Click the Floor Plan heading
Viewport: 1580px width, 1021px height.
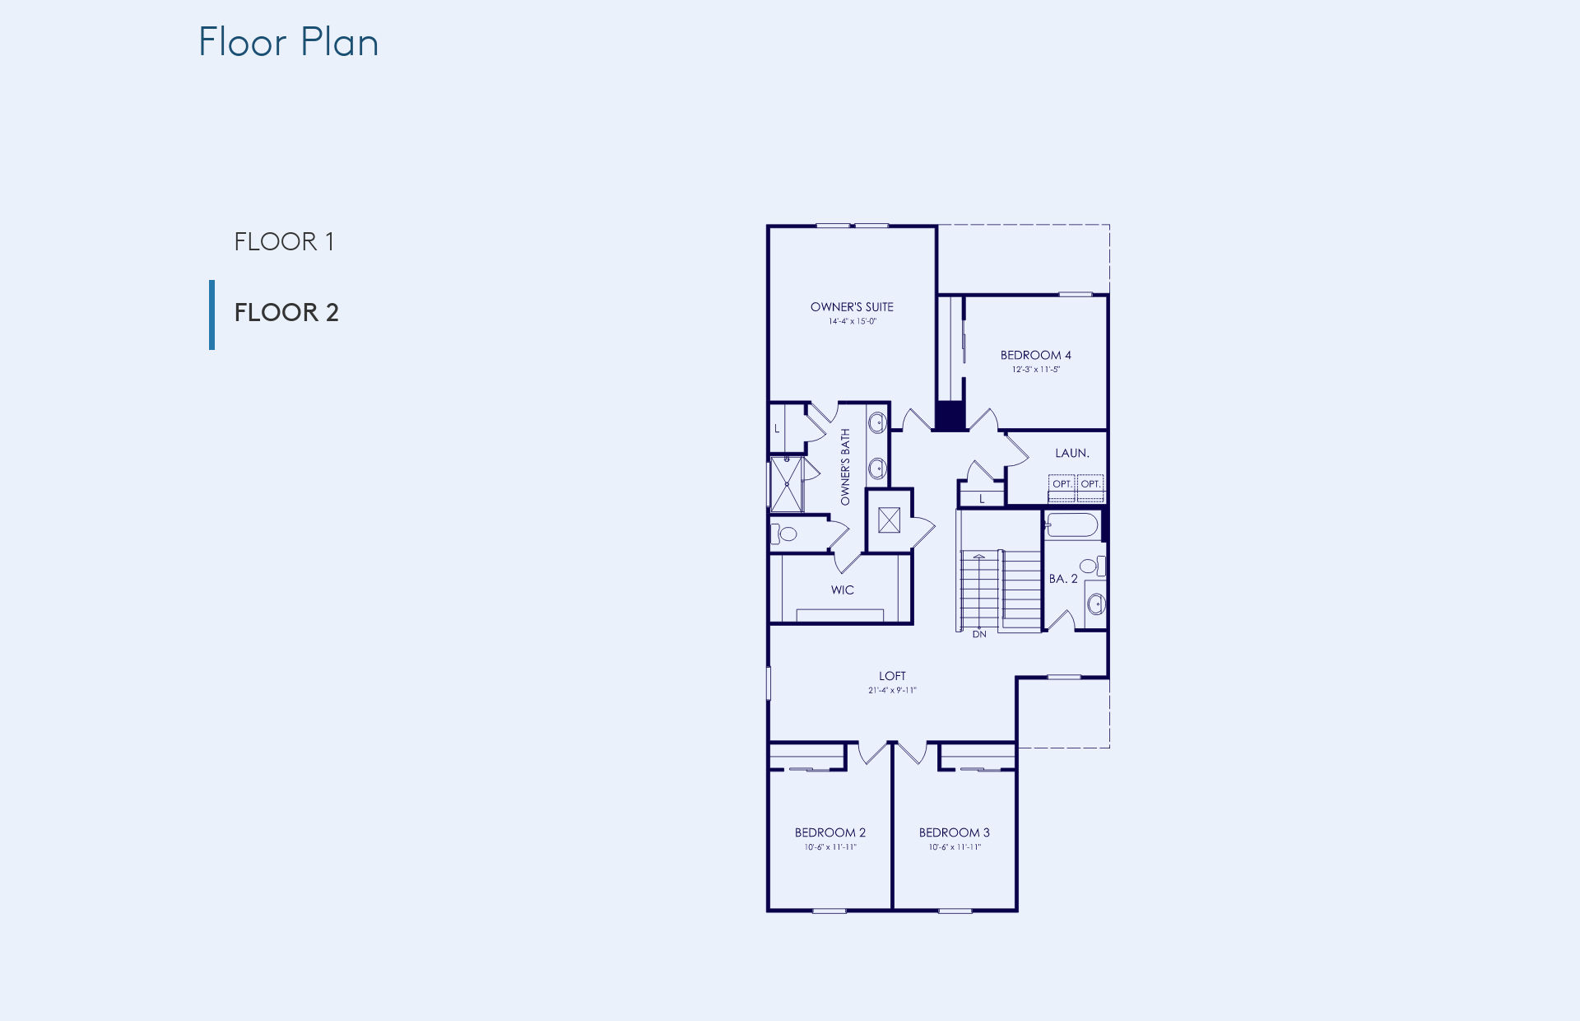[x=289, y=42]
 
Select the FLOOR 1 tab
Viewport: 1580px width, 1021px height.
[x=284, y=241]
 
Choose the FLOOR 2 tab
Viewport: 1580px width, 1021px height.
[x=286, y=312]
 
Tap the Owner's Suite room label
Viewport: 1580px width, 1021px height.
[x=852, y=307]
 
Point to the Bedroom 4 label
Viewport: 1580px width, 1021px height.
[x=1036, y=355]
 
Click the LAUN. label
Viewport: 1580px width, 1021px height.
[x=1072, y=453]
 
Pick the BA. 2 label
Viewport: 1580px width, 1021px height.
[x=1063, y=579]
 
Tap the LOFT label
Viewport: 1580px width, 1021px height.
[x=892, y=676]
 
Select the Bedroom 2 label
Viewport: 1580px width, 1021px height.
[x=830, y=832]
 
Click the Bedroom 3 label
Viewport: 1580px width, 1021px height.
[x=955, y=832]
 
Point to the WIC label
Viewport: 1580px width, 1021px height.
[x=843, y=590]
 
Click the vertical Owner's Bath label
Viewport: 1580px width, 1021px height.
[x=845, y=467]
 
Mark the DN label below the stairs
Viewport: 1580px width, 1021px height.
[x=979, y=634]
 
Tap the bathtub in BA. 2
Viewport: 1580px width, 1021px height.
[x=1072, y=525]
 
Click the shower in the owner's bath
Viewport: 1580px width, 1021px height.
[x=787, y=485]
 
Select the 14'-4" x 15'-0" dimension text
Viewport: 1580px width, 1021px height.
[x=853, y=321]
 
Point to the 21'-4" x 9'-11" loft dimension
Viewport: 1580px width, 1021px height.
[x=892, y=690]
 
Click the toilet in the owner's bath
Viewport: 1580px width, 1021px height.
[x=784, y=534]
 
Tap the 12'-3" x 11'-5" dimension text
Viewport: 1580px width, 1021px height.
[x=1036, y=369]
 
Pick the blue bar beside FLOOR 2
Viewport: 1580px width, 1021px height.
[x=212, y=315]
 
